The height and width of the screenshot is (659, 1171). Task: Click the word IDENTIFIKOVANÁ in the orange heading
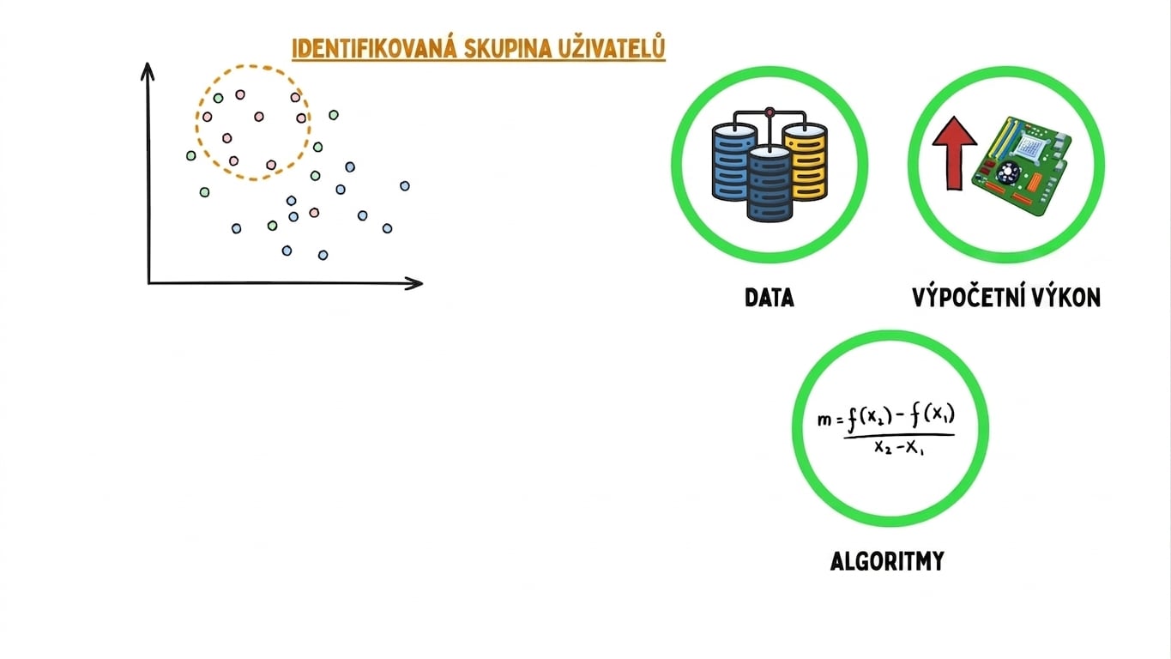pyautogui.click(x=374, y=48)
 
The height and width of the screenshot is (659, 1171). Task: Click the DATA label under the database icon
pyautogui.click(x=769, y=298)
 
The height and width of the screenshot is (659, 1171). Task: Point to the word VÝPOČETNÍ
pyautogui.click(x=962, y=296)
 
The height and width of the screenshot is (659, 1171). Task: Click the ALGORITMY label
pyautogui.click(x=887, y=561)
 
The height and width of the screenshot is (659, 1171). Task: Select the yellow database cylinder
pyautogui.click(x=806, y=161)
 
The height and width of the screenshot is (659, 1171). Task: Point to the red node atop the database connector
pyautogui.click(x=770, y=112)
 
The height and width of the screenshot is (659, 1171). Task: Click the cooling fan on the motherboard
pyautogui.click(x=1006, y=172)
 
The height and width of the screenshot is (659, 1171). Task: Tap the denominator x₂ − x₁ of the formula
pyautogui.click(x=899, y=448)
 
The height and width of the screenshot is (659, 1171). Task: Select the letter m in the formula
pyautogui.click(x=824, y=420)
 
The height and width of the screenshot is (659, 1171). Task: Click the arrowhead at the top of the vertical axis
pyautogui.click(x=148, y=71)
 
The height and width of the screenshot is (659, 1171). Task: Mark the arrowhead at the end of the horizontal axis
pyautogui.click(x=414, y=283)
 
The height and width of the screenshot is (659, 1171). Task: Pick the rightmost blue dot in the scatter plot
pyautogui.click(x=405, y=185)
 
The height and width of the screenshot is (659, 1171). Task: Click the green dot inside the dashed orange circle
pyautogui.click(x=219, y=98)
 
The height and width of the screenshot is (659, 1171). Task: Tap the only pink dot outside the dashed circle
pyautogui.click(x=314, y=212)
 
